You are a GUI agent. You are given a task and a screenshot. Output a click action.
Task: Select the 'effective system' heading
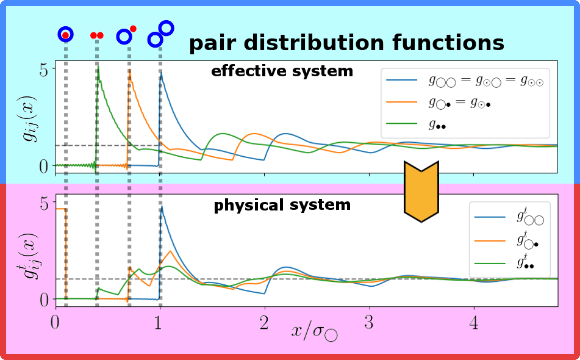(x=282, y=71)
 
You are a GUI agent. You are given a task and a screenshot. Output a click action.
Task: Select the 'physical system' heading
(x=282, y=204)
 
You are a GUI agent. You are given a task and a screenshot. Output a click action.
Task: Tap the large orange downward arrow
(x=421, y=191)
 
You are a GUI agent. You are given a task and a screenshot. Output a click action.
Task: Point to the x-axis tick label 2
(x=264, y=323)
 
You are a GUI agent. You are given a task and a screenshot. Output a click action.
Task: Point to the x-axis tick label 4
(x=474, y=323)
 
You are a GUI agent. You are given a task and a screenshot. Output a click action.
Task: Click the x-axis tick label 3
(x=369, y=323)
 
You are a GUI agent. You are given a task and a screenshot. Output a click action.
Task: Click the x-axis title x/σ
(x=315, y=330)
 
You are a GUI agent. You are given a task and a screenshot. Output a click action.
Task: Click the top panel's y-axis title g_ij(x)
(x=29, y=118)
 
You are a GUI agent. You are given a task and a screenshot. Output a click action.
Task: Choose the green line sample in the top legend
(x=401, y=123)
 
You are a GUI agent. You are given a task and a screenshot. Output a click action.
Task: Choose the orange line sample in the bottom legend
(x=490, y=241)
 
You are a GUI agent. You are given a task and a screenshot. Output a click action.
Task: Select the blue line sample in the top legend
(x=401, y=80)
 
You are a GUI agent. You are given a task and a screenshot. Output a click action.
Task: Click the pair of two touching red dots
(x=97, y=35)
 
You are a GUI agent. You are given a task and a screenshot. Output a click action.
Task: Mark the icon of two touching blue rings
(x=160, y=34)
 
